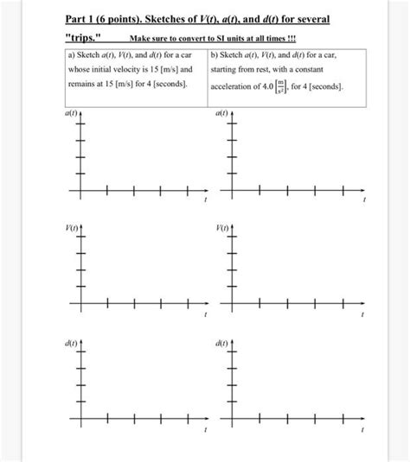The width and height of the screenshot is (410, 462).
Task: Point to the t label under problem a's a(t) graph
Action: pos(205,200)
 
